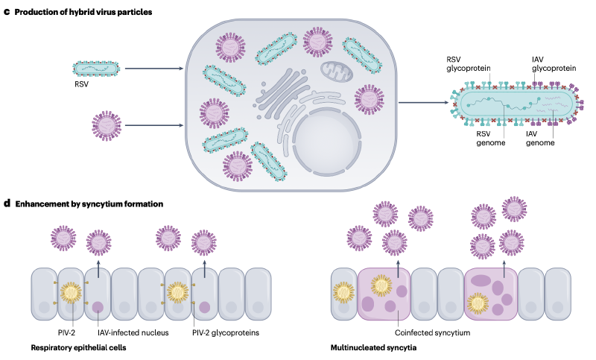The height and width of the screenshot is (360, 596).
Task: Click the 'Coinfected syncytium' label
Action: click(428, 332)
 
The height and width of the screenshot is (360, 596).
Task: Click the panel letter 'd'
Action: click(7, 203)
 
